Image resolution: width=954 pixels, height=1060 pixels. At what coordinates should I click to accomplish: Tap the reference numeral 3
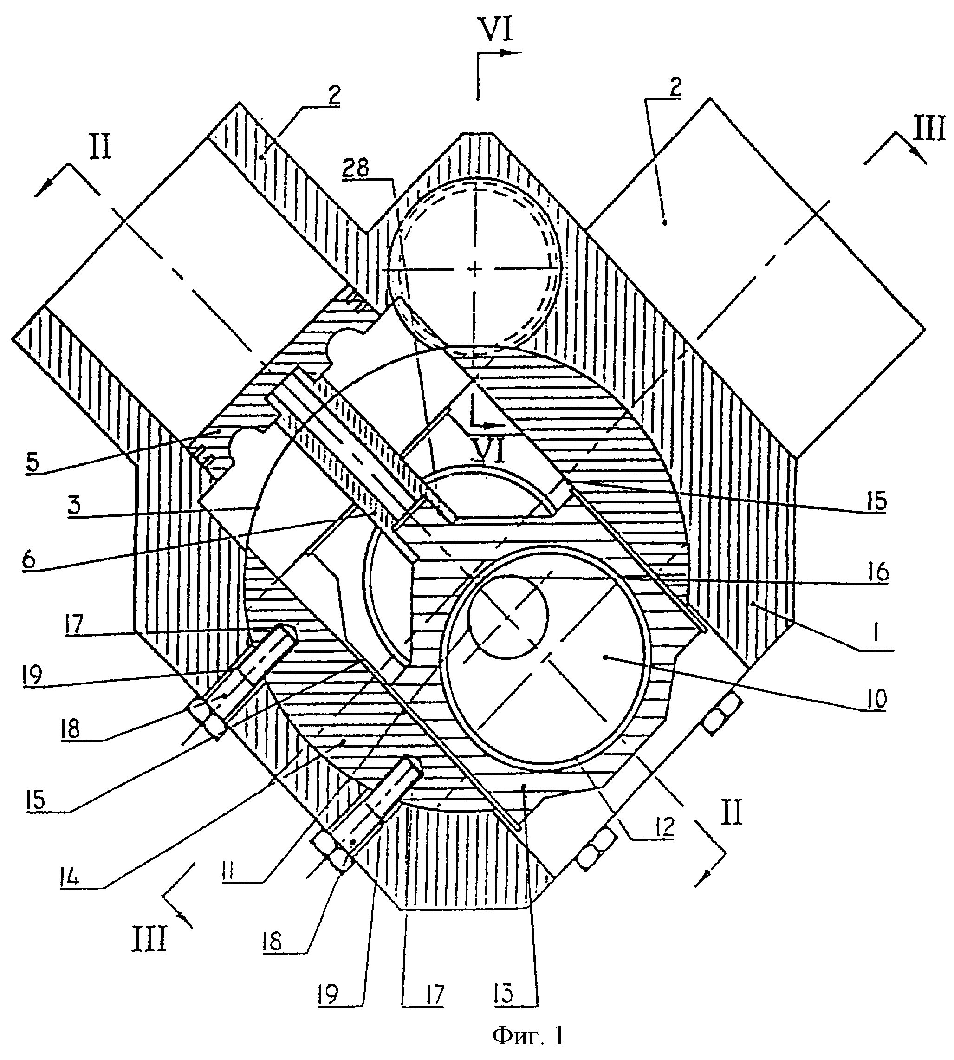pos(74,505)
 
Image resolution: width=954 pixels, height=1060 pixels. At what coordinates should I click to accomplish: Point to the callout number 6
pos(28,560)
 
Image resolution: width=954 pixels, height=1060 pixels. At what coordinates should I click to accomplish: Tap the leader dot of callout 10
pos(605,657)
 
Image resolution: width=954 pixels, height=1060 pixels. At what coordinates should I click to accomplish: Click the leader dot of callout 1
pos(751,604)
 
